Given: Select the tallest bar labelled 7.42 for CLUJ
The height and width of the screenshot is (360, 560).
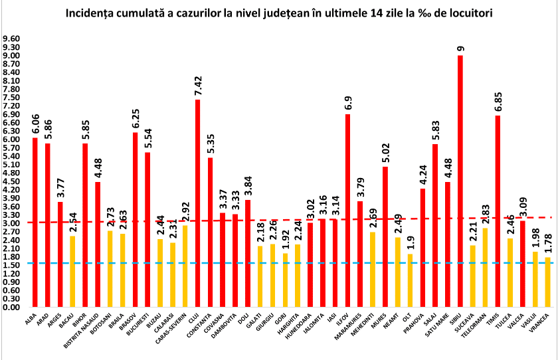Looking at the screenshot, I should point(197,203).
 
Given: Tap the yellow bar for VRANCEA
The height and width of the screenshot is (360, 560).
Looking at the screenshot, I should point(548,282).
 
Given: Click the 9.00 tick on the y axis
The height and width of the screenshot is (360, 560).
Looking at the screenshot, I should point(12,56).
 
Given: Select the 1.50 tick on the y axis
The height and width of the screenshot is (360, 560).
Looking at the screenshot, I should point(12,265).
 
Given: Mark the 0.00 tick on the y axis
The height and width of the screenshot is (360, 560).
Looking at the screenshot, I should point(12,308).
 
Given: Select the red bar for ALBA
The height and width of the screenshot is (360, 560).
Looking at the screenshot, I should point(35,223).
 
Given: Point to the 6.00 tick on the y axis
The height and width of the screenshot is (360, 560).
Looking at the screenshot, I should point(12,139).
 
